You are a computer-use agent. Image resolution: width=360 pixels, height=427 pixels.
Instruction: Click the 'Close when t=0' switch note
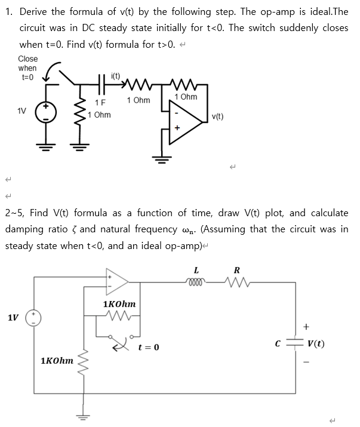pos(27,67)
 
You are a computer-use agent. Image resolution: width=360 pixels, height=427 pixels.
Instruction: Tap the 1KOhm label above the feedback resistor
pos(119,304)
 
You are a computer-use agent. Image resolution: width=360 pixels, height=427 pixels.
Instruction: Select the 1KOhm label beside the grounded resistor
pos(57,361)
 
